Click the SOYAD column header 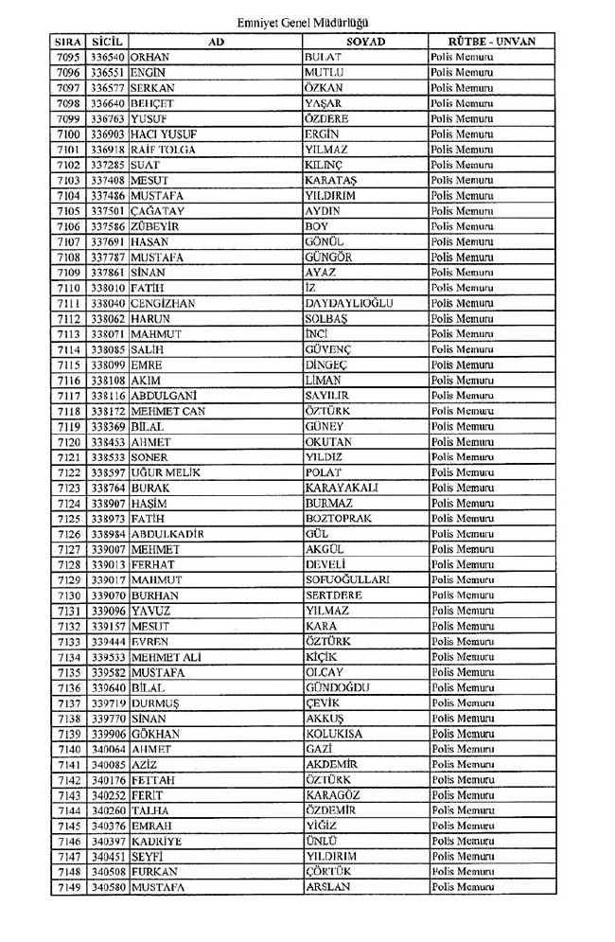pyautogui.click(x=363, y=42)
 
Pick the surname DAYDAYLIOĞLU pyautogui.click(x=349, y=303)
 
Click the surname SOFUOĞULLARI pyautogui.click(x=348, y=579)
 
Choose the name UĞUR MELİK pyautogui.click(x=167, y=472)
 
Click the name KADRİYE pyautogui.click(x=157, y=841)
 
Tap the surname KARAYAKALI pyautogui.click(x=342, y=488)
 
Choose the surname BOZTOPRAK pyautogui.click(x=339, y=519)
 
